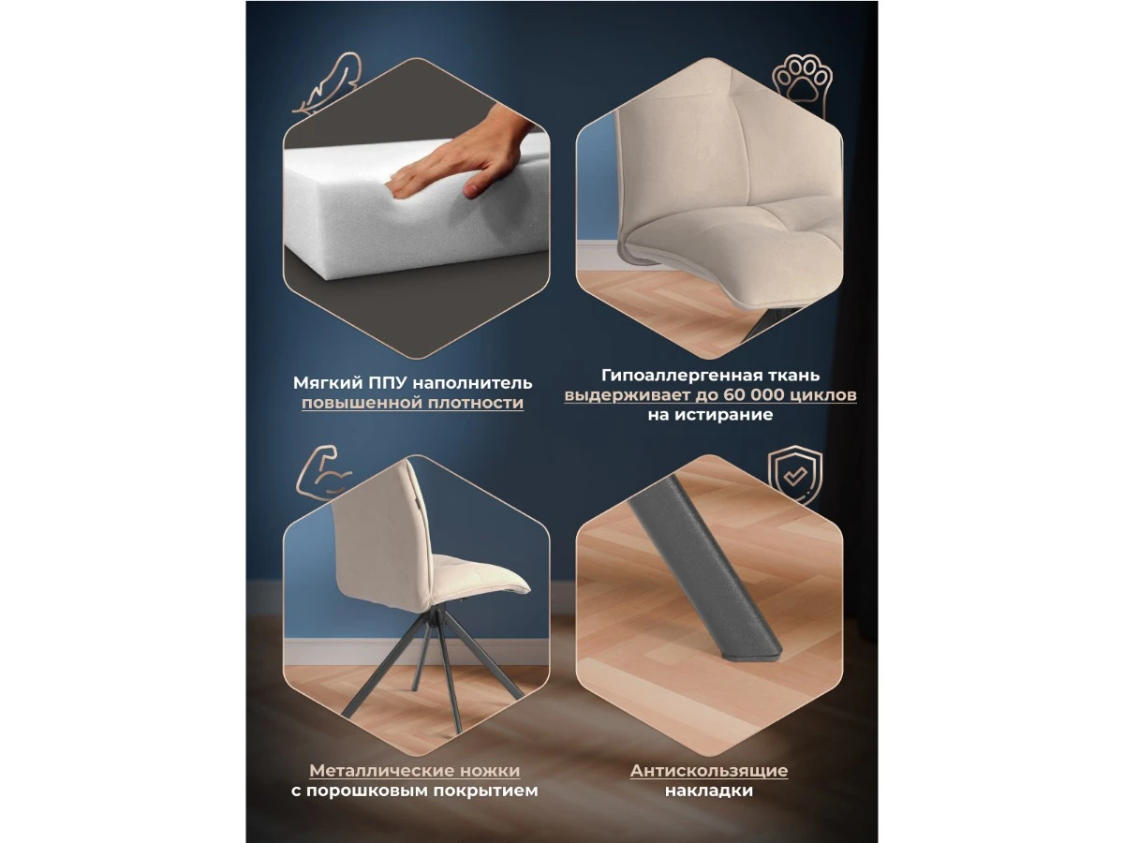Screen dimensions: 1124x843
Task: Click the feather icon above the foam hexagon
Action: point(327,83)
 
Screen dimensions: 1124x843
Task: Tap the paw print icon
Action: point(802,81)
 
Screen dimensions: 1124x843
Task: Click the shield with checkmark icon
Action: point(795,475)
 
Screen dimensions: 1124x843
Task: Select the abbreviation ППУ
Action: point(387,382)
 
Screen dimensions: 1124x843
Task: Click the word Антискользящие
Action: point(709,770)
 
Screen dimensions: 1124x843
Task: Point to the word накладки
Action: point(709,791)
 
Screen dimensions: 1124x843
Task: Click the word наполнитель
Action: point(472,383)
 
